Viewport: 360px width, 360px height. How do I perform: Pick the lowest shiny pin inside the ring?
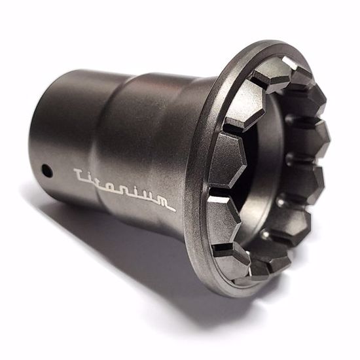pos(264,234)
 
